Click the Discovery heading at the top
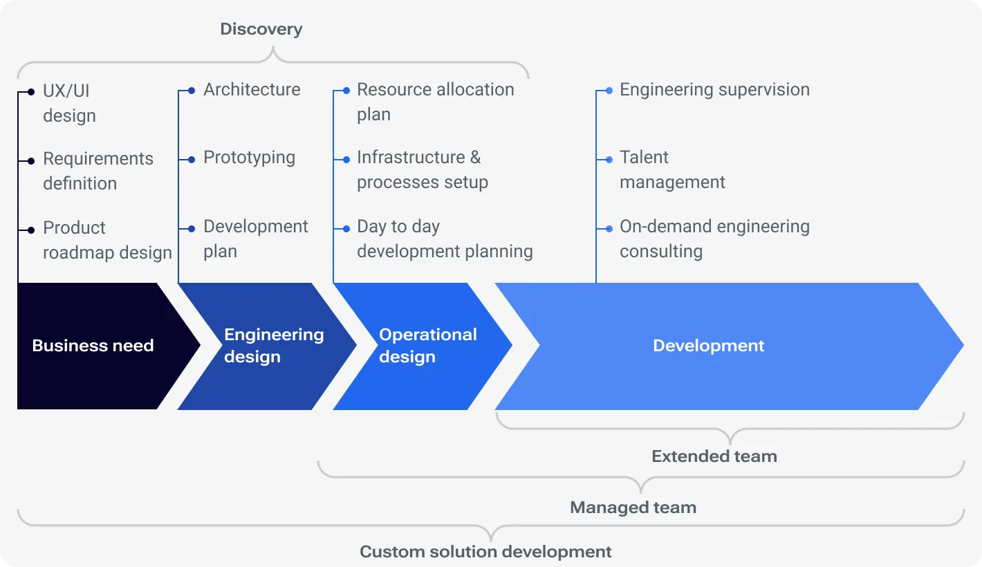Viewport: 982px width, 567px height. [x=261, y=29]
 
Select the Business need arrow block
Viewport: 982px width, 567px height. [x=93, y=346]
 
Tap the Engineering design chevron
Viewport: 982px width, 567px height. [x=273, y=346]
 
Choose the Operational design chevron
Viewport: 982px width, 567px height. [x=427, y=346]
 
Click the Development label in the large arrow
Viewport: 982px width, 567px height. [x=708, y=346]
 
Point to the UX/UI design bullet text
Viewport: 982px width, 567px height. [x=69, y=103]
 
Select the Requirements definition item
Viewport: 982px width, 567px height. [x=98, y=171]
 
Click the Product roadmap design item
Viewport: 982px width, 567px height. [x=106, y=240]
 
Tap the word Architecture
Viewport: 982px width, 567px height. [x=252, y=90]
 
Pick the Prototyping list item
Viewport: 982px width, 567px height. [x=249, y=158]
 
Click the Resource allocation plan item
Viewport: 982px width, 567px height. [x=435, y=102]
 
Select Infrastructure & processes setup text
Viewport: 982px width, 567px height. [x=422, y=170]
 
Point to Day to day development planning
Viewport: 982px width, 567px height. [x=444, y=239]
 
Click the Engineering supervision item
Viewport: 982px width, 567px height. [x=714, y=90]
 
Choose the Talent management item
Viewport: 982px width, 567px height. [x=671, y=170]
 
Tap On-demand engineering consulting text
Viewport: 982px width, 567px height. [x=714, y=239]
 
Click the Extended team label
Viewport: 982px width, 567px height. [x=714, y=456]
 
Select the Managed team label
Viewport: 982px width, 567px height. [x=633, y=508]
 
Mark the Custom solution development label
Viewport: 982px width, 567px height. [x=485, y=552]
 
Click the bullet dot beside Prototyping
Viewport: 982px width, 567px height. [x=192, y=160]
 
